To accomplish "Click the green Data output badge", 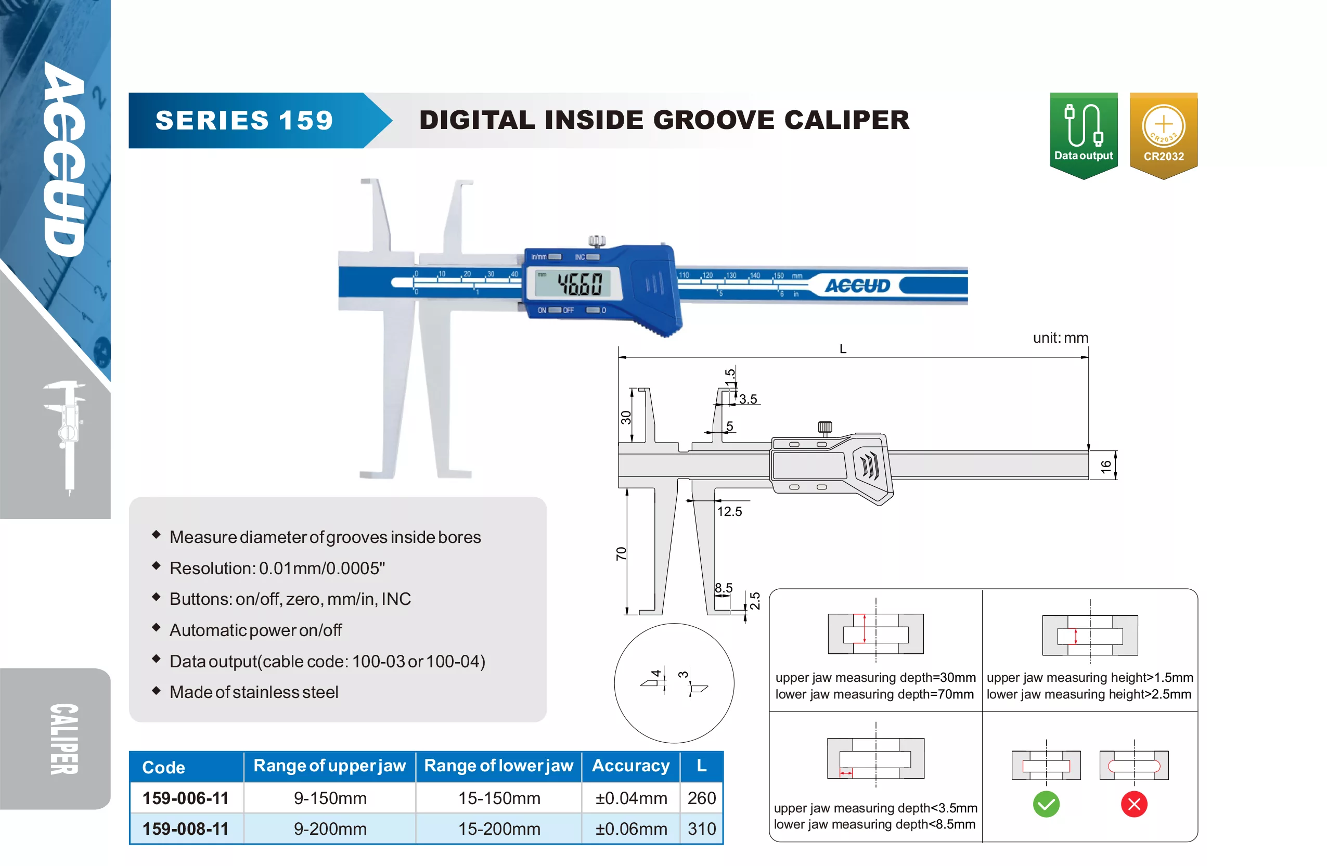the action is coord(1084,136).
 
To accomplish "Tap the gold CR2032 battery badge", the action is coord(1164,136).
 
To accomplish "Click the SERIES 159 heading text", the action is coord(244,121).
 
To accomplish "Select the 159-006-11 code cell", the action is coord(186,798).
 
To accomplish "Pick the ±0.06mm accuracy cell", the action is coord(631,829).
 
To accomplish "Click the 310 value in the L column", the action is coord(701,829).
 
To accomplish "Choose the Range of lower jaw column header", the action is coord(498,766).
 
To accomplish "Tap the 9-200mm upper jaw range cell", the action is coord(330,829).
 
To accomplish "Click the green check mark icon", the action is coord(1046,804).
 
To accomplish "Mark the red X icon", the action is coord(1134,804).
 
